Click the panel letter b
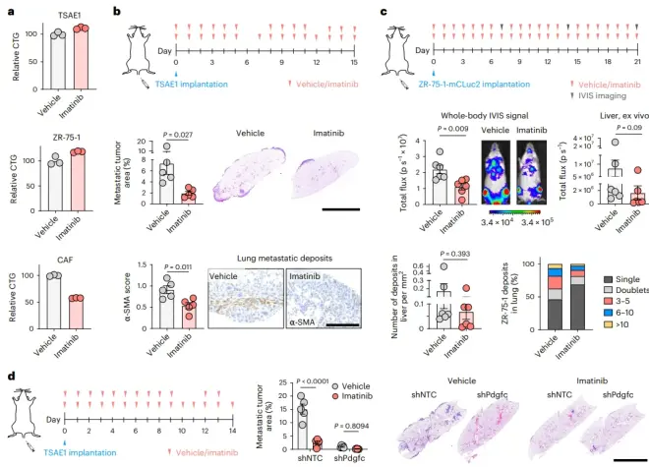point(119,12)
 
